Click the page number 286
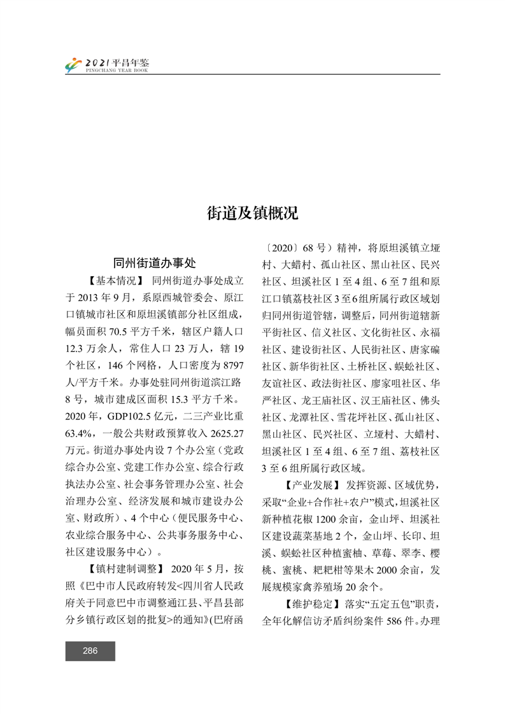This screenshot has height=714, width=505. tap(90, 650)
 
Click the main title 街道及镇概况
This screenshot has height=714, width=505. tap(252, 213)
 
